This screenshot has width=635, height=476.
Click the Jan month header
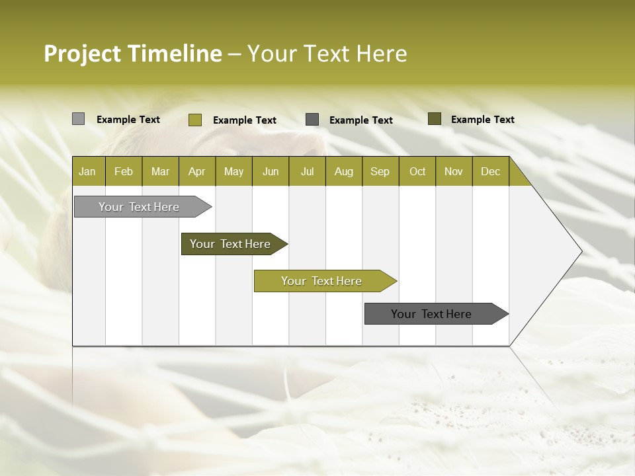point(88,171)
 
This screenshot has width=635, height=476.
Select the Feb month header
point(124,171)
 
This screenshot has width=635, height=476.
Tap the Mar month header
point(160,171)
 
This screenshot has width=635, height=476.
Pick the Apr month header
point(197,171)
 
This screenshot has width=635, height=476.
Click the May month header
point(233,171)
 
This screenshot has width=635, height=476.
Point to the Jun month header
point(271,171)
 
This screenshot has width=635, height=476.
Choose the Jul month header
point(307,171)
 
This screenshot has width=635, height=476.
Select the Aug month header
point(344,171)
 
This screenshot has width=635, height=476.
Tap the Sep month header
point(380,171)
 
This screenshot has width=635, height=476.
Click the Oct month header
point(417,171)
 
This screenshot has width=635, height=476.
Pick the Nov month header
point(454,171)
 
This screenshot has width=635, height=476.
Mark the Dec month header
point(491,171)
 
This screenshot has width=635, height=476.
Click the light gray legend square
point(79,119)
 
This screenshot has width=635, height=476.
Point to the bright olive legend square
point(195,120)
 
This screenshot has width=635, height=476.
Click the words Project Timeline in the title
point(132,54)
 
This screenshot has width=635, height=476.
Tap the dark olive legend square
point(435,119)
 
